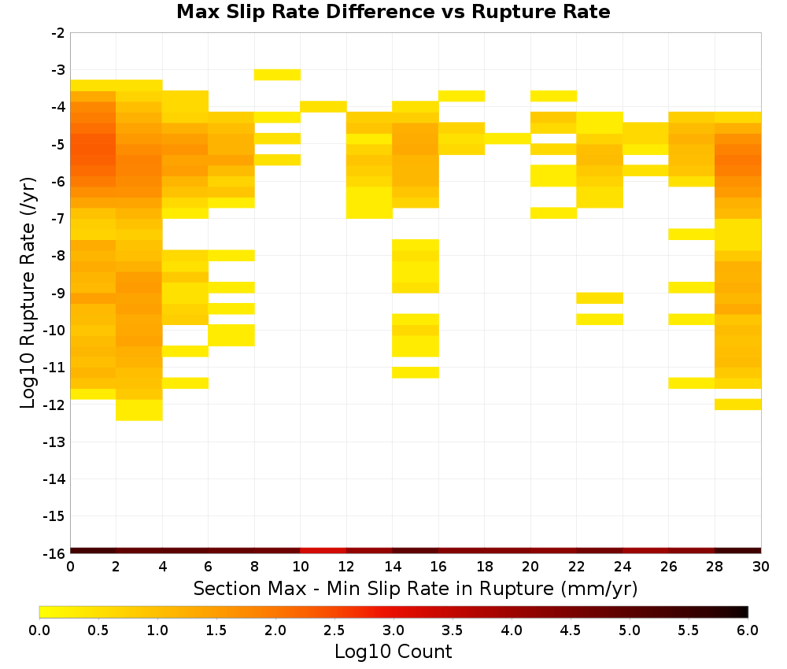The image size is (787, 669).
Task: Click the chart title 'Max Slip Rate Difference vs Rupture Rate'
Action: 393,12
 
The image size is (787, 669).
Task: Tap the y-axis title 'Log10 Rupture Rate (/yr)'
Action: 28,293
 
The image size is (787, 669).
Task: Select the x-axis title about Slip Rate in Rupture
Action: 415,588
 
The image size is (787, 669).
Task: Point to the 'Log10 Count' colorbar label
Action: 393,652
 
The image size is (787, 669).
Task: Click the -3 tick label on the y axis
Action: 58,70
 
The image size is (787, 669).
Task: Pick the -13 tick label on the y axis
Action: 55,442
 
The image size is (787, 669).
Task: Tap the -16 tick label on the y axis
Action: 55,553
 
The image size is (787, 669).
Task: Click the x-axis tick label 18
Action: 484,567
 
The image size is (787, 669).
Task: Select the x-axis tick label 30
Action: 761,567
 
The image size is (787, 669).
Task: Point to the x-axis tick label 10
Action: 300,567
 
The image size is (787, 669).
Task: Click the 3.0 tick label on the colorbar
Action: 393,630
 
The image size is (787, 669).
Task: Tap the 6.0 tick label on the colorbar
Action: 748,630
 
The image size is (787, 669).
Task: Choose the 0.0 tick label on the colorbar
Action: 39,630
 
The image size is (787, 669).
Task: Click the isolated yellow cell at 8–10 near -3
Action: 277,75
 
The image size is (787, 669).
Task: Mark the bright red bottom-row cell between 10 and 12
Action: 323,551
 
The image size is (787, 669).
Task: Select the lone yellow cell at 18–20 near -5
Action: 508,139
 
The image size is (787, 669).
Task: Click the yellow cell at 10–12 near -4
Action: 323,106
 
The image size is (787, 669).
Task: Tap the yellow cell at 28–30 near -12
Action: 738,404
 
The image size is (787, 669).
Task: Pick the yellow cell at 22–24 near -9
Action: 600,298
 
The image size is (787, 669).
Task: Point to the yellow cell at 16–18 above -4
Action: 461,96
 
